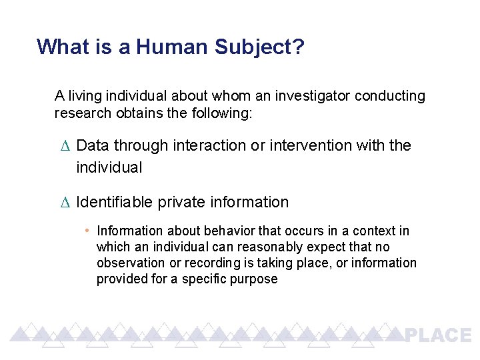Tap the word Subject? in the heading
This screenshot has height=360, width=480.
click(x=260, y=47)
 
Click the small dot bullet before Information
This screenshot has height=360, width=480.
click(x=87, y=231)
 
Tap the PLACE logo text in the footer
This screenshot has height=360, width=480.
click(x=438, y=335)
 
